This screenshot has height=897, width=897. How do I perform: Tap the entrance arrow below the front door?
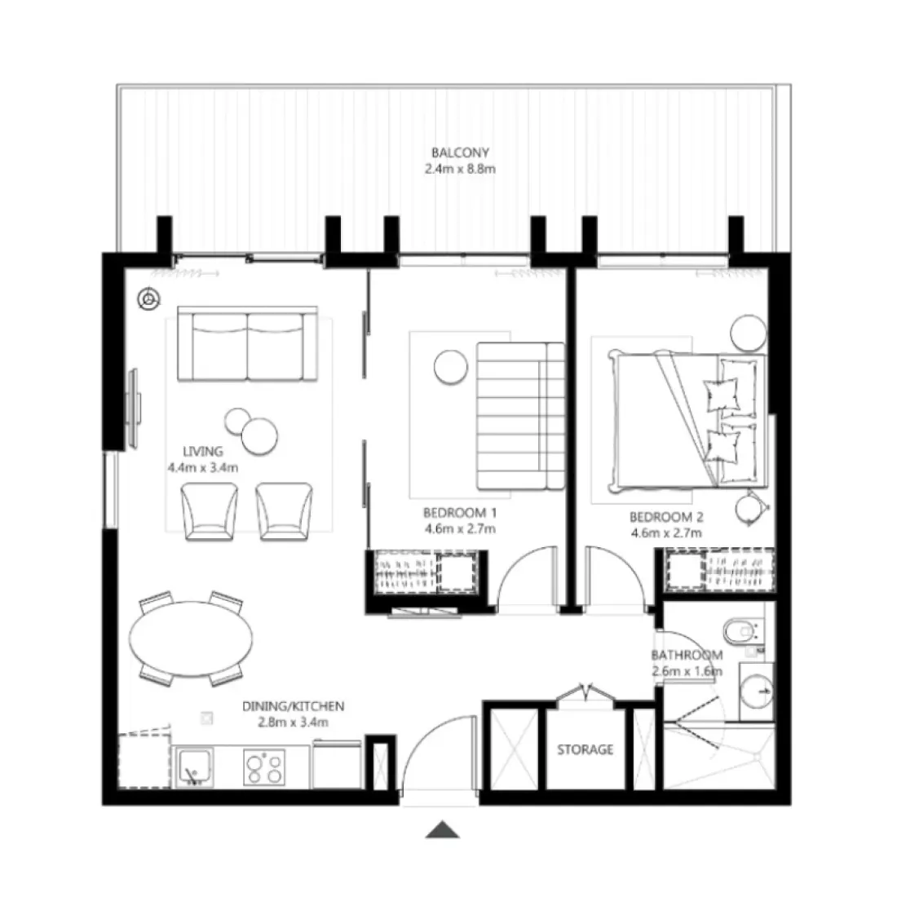pyautogui.click(x=443, y=829)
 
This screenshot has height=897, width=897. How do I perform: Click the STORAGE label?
pyautogui.click(x=585, y=749)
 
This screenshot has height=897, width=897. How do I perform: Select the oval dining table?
pyautogui.click(x=192, y=640)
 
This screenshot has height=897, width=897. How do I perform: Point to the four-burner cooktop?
pyautogui.click(x=263, y=767)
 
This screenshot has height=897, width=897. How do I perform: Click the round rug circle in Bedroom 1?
pyautogui.click(x=448, y=366)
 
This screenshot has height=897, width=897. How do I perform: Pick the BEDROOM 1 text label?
pyautogui.click(x=460, y=514)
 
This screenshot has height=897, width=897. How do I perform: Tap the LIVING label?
pyautogui.click(x=203, y=451)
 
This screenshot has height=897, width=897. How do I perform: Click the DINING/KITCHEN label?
pyautogui.click(x=294, y=706)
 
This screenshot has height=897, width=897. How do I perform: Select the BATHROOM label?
pyautogui.click(x=687, y=656)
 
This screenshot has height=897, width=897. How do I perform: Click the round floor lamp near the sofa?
pyautogui.click(x=148, y=300)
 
